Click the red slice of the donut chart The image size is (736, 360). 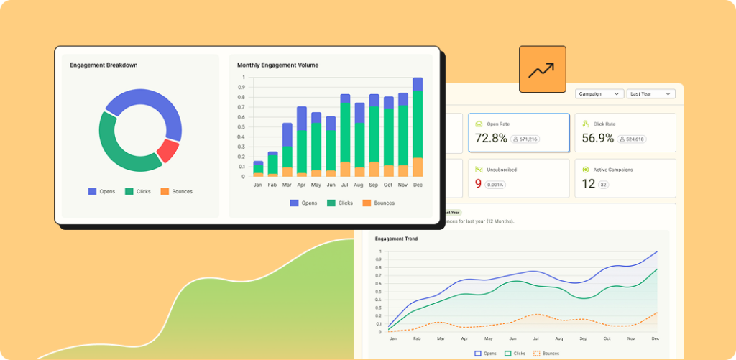pyautogui.click(x=167, y=150)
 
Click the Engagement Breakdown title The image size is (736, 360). pyautogui.click(x=103, y=65)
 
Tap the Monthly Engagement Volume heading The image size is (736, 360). pyautogui.click(x=277, y=65)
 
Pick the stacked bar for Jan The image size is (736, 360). pyautogui.click(x=258, y=169)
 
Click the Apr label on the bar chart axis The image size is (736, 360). pyautogui.click(x=302, y=185)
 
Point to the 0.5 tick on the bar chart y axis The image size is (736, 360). pyautogui.click(x=242, y=127)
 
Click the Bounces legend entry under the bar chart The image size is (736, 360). pyautogui.click(x=378, y=203)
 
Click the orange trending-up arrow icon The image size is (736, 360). pyautogui.click(x=543, y=70)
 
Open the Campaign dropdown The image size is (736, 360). pyautogui.click(x=599, y=94)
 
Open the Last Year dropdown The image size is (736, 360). pyautogui.click(x=650, y=94)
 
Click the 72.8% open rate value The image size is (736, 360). pyautogui.click(x=491, y=139)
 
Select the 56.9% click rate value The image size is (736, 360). pyautogui.click(x=598, y=139)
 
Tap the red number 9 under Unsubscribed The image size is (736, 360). pyautogui.click(x=478, y=184)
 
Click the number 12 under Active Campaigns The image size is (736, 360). pyautogui.click(x=589, y=184)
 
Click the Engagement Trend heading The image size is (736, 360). pyautogui.click(x=396, y=239)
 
